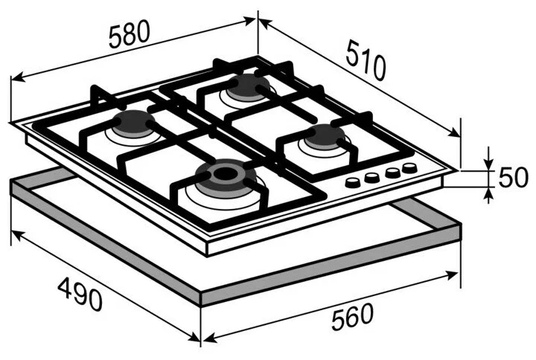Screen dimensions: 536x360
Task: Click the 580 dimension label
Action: click(x=130, y=33)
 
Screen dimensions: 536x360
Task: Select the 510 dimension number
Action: click(x=366, y=60)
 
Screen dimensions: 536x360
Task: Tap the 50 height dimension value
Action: click(x=513, y=177)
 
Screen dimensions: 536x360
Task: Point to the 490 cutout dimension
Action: click(x=80, y=294)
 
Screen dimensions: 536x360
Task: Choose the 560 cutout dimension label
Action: click(x=352, y=317)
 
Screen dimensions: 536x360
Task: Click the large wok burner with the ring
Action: click(x=225, y=179)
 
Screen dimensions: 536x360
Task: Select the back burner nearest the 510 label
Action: click(x=247, y=86)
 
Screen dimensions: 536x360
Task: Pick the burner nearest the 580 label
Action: click(x=133, y=123)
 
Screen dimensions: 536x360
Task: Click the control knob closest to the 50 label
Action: click(x=409, y=167)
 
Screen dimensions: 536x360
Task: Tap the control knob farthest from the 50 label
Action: click(x=353, y=182)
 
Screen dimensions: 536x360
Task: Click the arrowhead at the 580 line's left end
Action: click(x=18, y=77)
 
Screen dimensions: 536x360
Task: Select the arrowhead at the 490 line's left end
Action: click(x=18, y=236)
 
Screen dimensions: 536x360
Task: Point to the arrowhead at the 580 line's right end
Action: click(x=249, y=21)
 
